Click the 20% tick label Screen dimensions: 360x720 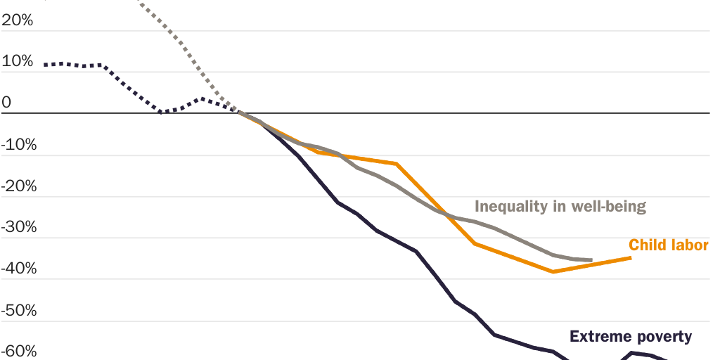coord(18,21)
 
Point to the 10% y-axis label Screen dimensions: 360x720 coord(18,62)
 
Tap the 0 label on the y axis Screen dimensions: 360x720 coord(6,103)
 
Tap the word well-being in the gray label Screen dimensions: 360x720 coord(608,207)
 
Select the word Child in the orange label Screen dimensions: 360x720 coord(647,245)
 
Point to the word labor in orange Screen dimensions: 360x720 coord(690,245)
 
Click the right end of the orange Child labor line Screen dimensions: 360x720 coord(630,257)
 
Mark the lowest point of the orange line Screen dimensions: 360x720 coord(553,271)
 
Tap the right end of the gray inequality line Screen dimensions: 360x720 coord(591,260)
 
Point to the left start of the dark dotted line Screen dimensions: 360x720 coord(45,65)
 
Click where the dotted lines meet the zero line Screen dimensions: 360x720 coord(238,112)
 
